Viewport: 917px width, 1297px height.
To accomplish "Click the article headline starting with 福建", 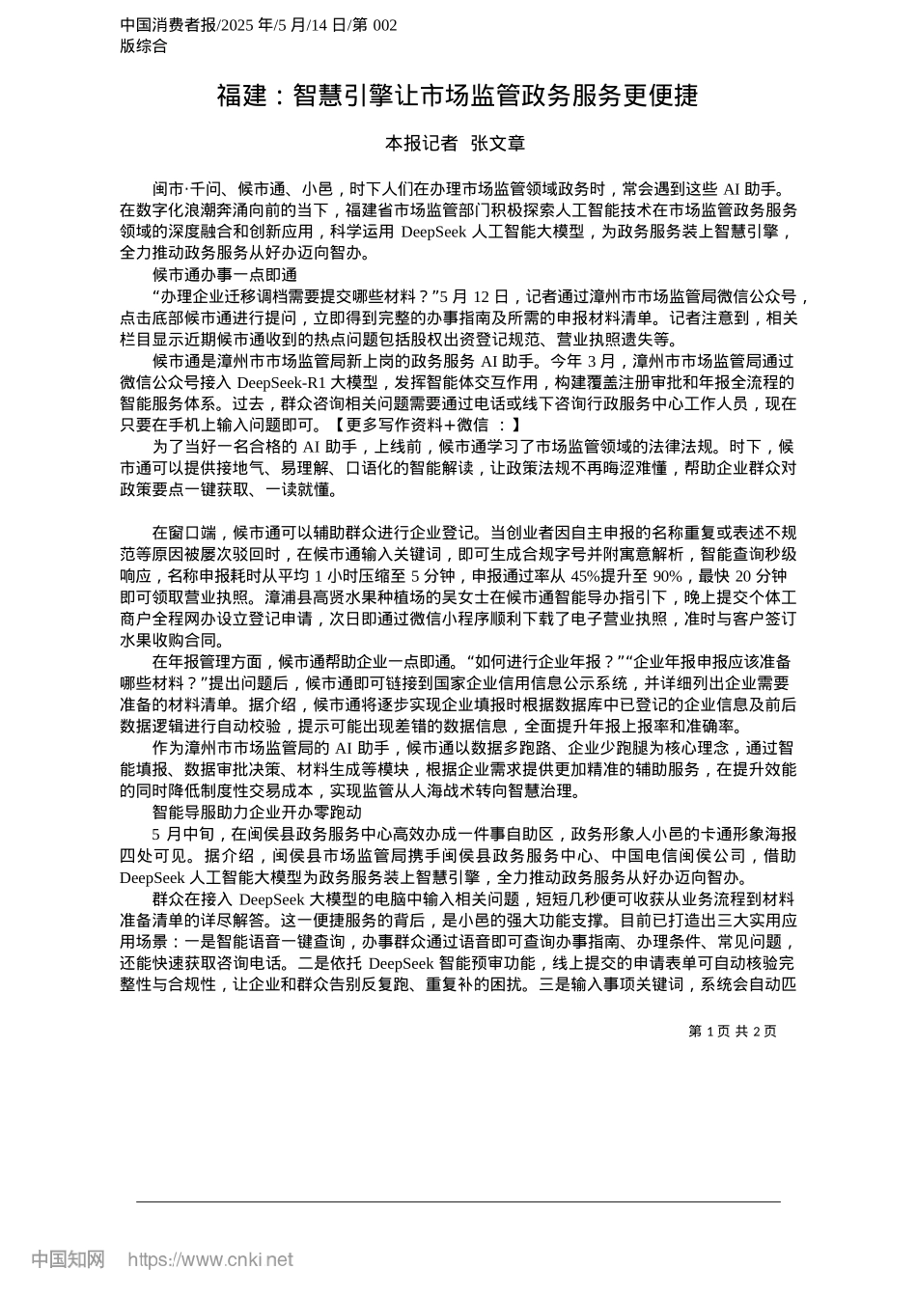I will click(457, 96).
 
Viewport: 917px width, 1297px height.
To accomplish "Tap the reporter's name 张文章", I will click(497, 144).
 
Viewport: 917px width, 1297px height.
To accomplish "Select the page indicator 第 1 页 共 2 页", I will click(733, 1031).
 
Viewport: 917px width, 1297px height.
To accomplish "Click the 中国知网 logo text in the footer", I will click(69, 1258).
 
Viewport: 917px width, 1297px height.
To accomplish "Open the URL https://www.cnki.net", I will click(210, 1259).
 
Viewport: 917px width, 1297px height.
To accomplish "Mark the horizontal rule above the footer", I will click(458, 1201).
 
